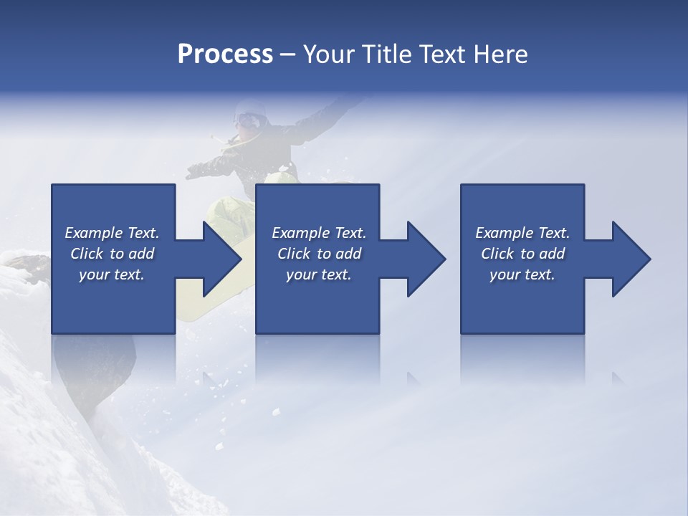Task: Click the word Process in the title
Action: click(225, 54)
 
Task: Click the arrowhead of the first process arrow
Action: click(222, 259)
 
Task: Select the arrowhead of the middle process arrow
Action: click(426, 259)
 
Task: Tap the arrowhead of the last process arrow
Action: click(631, 259)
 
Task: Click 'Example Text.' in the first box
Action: click(112, 232)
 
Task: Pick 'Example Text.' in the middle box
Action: click(319, 232)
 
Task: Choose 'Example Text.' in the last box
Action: click(522, 232)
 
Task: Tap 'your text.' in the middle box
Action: click(318, 274)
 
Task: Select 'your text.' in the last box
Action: click(522, 274)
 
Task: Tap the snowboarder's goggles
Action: click(248, 120)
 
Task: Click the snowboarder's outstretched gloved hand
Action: click(195, 171)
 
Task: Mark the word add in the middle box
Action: click(348, 254)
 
